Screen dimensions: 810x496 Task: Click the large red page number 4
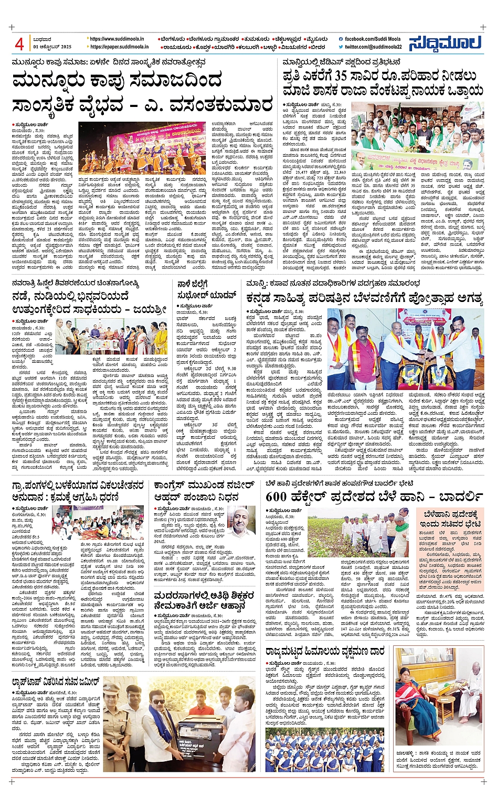pos(19,44)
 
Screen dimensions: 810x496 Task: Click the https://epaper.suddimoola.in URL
pos(119,47)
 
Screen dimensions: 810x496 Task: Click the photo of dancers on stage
pos(142,149)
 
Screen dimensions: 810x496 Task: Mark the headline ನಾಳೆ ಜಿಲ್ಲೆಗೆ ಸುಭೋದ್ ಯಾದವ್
pos(208,289)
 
